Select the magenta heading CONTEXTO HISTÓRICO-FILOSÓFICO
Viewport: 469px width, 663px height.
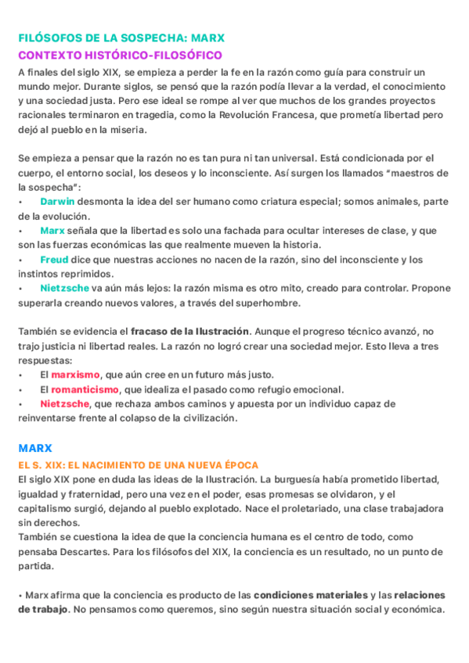click(120, 55)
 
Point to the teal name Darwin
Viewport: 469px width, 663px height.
click(58, 201)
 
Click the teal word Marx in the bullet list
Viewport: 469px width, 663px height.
click(52, 231)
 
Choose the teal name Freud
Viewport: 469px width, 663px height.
click(54, 260)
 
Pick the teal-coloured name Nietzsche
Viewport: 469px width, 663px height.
click(64, 288)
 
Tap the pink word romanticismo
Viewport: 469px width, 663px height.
click(85, 389)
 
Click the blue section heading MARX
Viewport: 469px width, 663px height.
click(35, 448)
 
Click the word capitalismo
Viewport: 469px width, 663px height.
click(46, 507)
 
